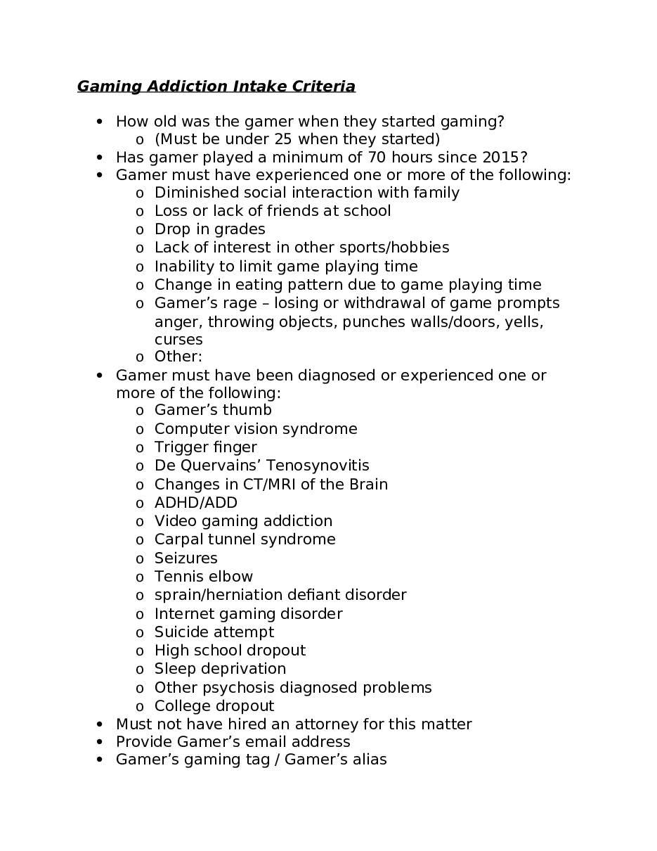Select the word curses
point(178,340)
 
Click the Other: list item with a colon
point(178,357)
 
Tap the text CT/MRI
point(259,485)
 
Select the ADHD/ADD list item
point(196,503)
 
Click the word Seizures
point(186,558)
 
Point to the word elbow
point(231,577)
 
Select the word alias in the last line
point(368,760)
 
